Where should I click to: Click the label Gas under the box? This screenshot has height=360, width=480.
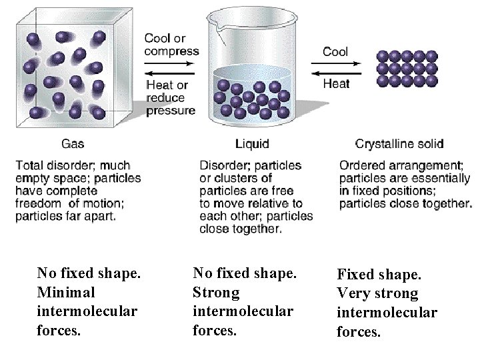[73, 143]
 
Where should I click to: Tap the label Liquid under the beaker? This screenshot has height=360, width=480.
[252, 143]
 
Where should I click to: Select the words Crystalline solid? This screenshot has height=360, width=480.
[399, 143]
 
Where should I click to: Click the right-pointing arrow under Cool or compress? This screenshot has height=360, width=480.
[169, 64]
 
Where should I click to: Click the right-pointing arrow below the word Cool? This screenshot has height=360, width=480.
[336, 64]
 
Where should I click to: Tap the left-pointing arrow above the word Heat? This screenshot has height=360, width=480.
[336, 73]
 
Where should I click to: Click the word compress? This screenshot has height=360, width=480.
[171, 51]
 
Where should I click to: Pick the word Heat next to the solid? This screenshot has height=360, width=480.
[336, 84]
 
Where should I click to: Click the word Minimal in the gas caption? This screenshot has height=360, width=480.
[66, 292]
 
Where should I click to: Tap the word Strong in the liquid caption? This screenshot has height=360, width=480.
[215, 292]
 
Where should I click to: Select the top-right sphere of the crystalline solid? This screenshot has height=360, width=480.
[432, 56]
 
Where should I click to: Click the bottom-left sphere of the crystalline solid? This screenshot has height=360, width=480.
[382, 81]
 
